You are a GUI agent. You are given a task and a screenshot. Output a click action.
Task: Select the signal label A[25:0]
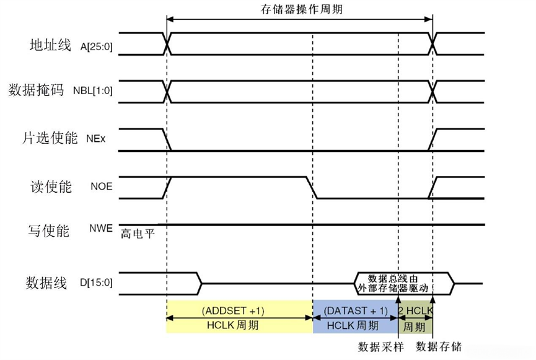pyautogui.click(x=97, y=46)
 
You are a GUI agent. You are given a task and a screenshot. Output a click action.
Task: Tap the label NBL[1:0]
pyautogui.click(x=93, y=91)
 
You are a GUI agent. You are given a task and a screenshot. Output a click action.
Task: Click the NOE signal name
pyautogui.click(x=102, y=186)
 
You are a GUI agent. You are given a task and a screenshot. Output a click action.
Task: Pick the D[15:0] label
pyautogui.click(x=97, y=284)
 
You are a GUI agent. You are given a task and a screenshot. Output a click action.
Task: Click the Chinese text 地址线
pyautogui.click(x=51, y=45)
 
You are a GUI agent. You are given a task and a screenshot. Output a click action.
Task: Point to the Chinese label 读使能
pyautogui.click(x=51, y=186)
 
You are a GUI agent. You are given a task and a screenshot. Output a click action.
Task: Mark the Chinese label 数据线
pyautogui.click(x=46, y=283)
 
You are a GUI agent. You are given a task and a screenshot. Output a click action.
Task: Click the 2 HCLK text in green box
pyautogui.click(x=415, y=310)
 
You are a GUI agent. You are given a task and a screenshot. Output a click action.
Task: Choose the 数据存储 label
pyautogui.click(x=439, y=346)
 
